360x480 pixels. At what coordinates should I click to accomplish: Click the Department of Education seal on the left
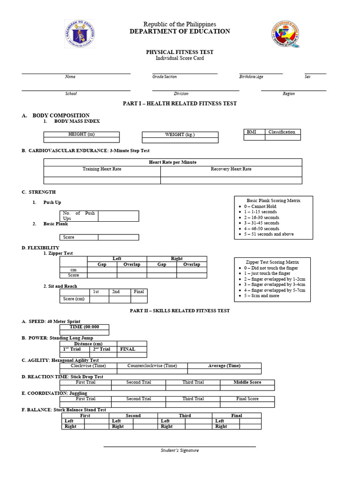click(80, 34)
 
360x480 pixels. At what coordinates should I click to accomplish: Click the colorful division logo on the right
click(285, 34)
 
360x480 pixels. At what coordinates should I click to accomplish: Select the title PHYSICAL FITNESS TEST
click(180, 52)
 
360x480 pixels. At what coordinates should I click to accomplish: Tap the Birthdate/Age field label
click(251, 76)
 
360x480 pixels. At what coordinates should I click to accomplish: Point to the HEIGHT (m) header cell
click(82, 134)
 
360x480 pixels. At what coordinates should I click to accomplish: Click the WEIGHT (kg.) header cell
click(180, 135)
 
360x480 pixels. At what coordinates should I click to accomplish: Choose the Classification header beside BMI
click(282, 132)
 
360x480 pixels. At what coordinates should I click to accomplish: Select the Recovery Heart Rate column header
click(231, 169)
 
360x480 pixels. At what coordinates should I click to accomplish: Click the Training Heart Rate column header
click(102, 169)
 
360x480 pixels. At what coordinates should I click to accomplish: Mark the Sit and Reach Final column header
click(139, 292)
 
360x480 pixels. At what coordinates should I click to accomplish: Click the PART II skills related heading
click(180, 310)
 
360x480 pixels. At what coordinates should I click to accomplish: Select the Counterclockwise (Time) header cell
click(152, 366)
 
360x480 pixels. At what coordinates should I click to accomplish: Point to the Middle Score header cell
click(247, 382)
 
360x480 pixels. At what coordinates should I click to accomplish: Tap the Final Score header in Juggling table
click(247, 398)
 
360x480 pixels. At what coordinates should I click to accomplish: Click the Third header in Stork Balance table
click(185, 415)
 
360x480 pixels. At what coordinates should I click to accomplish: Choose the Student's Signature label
click(180, 450)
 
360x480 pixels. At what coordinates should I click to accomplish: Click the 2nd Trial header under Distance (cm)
click(101, 349)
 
